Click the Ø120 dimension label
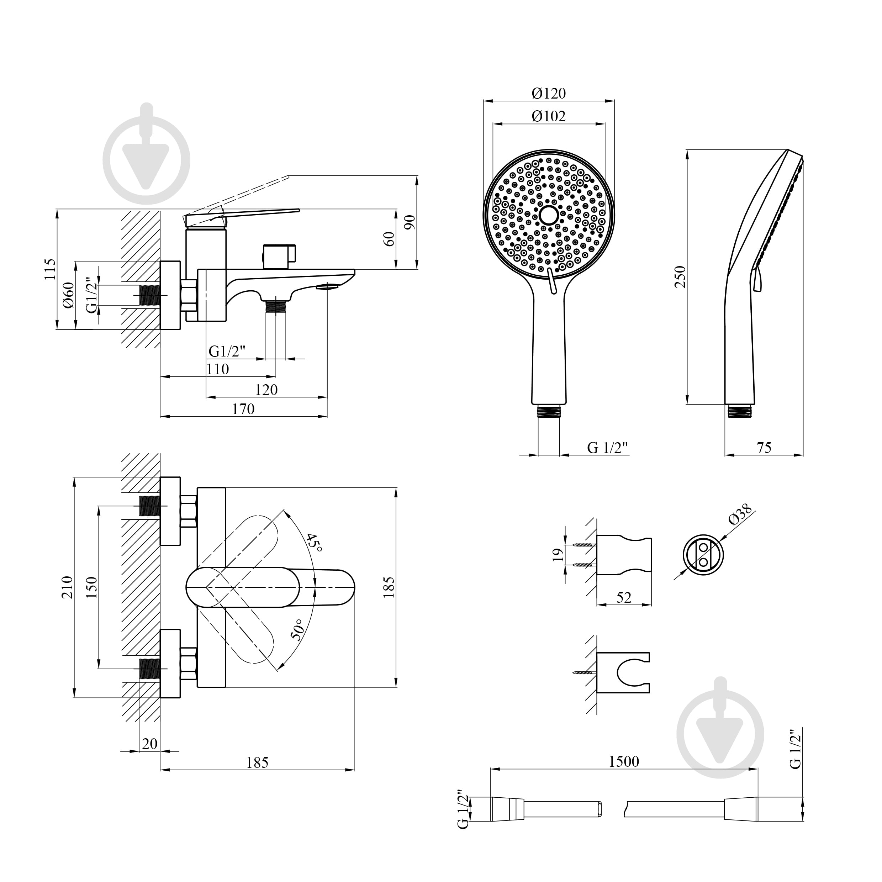click(548, 93)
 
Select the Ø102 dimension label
click(548, 116)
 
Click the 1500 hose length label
click(624, 761)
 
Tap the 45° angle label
click(314, 542)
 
